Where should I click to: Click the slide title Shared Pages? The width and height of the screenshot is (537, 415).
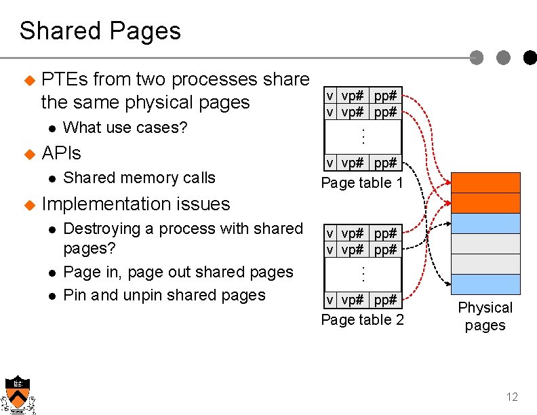click(x=100, y=31)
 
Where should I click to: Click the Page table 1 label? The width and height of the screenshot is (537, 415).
click(x=362, y=182)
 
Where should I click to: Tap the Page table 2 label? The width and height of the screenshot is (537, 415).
click(x=362, y=319)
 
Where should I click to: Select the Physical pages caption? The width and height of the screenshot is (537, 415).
click(x=485, y=316)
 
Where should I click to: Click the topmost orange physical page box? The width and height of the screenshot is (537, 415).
click(x=485, y=183)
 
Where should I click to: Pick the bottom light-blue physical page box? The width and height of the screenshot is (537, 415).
click(x=485, y=284)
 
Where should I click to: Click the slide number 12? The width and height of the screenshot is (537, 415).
click(x=512, y=397)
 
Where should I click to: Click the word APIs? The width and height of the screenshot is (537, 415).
click(x=61, y=153)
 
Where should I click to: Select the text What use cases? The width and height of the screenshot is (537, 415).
click(x=125, y=127)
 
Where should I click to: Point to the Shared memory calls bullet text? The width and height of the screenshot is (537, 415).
click(x=139, y=178)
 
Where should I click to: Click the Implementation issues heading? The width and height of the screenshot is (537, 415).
click(x=136, y=203)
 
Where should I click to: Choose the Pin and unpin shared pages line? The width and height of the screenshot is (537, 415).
click(x=164, y=295)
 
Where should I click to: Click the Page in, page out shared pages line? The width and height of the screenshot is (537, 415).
click(x=178, y=272)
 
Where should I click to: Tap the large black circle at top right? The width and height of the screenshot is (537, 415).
click(x=529, y=58)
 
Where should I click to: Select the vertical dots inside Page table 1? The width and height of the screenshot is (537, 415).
click(x=363, y=136)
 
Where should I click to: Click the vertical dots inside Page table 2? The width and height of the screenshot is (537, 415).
click(x=363, y=274)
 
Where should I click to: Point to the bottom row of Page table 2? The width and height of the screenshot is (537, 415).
click(x=363, y=300)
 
